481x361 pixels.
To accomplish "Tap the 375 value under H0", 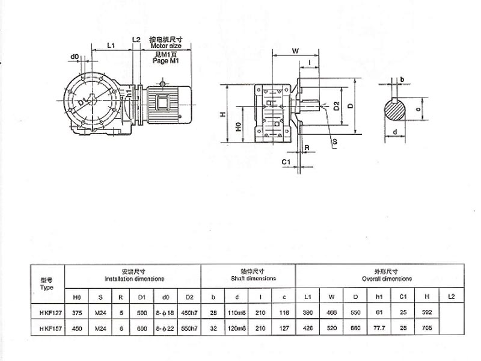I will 77,313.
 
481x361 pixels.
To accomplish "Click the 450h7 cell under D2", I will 189,313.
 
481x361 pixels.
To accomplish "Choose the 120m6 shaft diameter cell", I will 237,329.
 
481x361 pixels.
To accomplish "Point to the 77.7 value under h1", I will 380,329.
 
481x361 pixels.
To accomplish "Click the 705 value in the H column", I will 428,329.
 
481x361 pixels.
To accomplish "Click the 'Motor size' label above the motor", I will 166,45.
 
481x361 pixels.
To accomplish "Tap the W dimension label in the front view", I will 296,51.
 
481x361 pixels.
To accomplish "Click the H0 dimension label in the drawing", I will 238,127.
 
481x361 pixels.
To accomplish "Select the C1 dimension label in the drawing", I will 287,161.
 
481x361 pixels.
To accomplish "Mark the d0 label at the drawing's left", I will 74,57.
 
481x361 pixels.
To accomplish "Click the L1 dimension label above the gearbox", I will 111,46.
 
